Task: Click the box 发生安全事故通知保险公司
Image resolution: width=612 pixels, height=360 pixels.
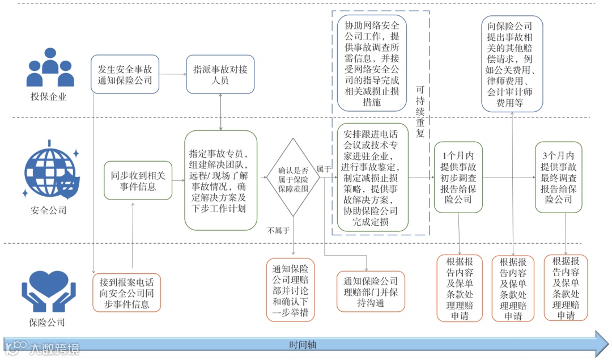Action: (x=125, y=74)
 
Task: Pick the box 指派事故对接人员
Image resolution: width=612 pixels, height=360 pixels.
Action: (x=220, y=74)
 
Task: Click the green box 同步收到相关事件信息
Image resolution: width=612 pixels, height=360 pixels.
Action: (x=138, y=180)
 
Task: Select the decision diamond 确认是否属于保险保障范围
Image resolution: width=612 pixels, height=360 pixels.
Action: (x=294, y=177)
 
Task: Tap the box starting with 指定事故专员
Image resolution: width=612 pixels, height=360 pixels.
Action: (x=221, y=180)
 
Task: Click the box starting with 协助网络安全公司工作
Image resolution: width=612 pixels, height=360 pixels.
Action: (x=372, y=62)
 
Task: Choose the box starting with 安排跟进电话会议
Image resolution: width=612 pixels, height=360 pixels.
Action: (x=372, y=177)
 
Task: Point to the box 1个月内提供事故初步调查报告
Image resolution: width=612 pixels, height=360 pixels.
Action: (x=458, y=177)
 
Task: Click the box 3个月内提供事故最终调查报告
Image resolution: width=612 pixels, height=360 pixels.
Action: (x=558, y=177)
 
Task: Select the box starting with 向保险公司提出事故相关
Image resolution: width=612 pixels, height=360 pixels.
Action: (x=512, y=63)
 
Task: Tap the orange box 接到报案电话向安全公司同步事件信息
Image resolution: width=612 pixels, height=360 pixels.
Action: (x=127, y=293)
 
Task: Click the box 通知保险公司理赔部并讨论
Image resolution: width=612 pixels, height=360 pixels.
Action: (x=291, y=289)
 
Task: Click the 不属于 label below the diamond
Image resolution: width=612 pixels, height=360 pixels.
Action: (x=279, y=230)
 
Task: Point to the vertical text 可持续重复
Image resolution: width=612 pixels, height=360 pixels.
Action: (x=420, y=111)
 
